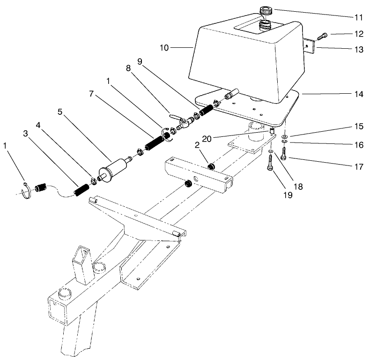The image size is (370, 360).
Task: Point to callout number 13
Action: click(358, 50)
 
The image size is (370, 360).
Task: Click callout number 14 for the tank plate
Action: click(358, 94)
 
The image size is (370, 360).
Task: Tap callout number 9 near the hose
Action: click(140, 61)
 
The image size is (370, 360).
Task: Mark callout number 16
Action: click(358, 145)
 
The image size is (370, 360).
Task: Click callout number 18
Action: click(298, 186)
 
